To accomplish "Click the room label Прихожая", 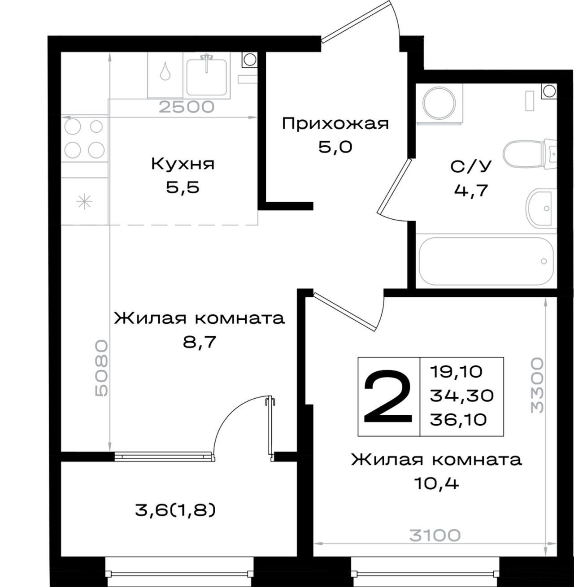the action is (x=335, y=124).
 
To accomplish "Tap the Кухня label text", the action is (x=183, y=165).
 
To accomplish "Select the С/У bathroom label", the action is (x=471, y=166).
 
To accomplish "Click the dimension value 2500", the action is (x=187, y=107).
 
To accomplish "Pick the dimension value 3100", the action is (x=435, y=535).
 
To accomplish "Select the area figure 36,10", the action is (x=458, y=419).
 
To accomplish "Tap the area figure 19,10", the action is (x=457, y=372).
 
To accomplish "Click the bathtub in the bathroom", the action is (x=486, y=261).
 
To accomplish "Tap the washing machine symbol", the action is (x=439, y=103).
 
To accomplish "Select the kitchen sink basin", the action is (x=206, y=77).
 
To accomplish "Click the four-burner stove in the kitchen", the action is (x=84, y=138).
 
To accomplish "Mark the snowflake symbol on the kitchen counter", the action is (x=84, y=201).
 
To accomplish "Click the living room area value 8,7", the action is (x=200, y=342).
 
